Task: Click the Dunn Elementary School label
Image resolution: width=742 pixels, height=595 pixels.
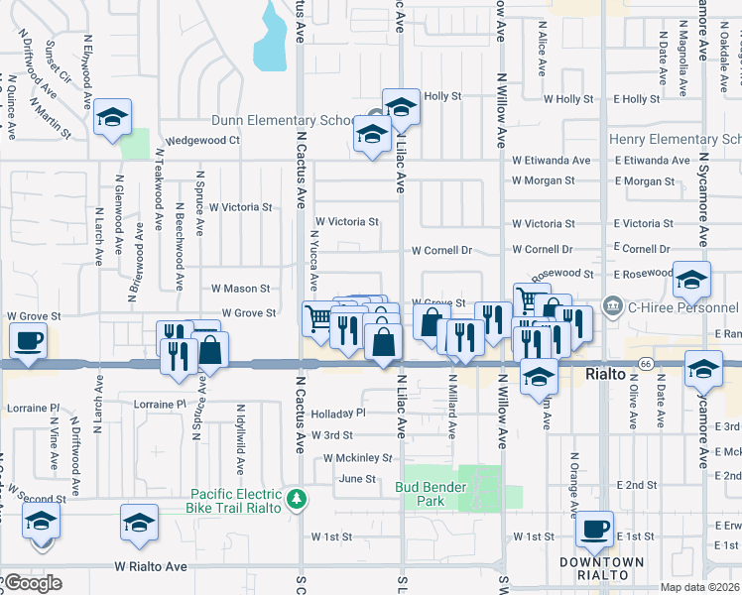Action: point(282,121)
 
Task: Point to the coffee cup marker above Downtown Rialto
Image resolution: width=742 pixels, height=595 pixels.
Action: point(595,529)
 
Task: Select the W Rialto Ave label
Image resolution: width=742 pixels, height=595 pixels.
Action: point(151,567)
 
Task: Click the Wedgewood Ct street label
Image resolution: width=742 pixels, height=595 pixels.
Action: point(202,141)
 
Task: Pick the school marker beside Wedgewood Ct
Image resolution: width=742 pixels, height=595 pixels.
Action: point(112,120)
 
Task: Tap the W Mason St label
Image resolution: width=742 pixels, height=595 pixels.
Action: point(240,289)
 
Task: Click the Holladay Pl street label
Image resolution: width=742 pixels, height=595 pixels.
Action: point(337,413)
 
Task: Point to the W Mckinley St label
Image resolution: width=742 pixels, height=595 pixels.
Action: point(358,458)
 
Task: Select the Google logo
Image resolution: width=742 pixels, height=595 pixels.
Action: point(32,583)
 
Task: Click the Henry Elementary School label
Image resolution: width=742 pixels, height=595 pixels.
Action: point(675,140)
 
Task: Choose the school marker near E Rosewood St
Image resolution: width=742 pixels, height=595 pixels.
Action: point(692,280)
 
